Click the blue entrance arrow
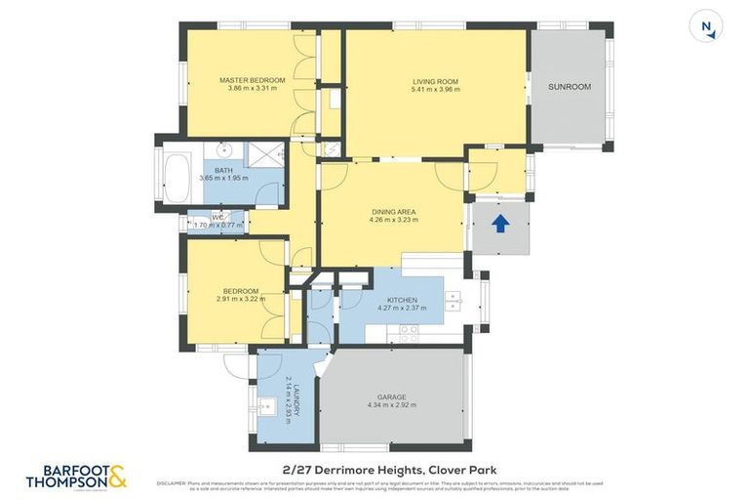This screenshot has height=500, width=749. point(499,224)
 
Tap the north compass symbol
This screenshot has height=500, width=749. point(705,26)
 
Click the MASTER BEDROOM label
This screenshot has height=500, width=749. point(252,80)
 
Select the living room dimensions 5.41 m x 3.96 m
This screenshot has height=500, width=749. point(435,90)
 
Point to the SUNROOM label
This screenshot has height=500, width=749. point(570,87)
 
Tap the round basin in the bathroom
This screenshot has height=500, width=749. point(224,150)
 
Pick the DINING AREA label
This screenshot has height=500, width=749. point(394,211)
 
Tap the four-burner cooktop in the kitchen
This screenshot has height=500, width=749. point(409,330)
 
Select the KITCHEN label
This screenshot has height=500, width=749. point(402,300)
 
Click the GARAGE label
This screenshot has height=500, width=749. point(392,396)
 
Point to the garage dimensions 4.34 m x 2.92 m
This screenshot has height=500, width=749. point(392,405)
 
